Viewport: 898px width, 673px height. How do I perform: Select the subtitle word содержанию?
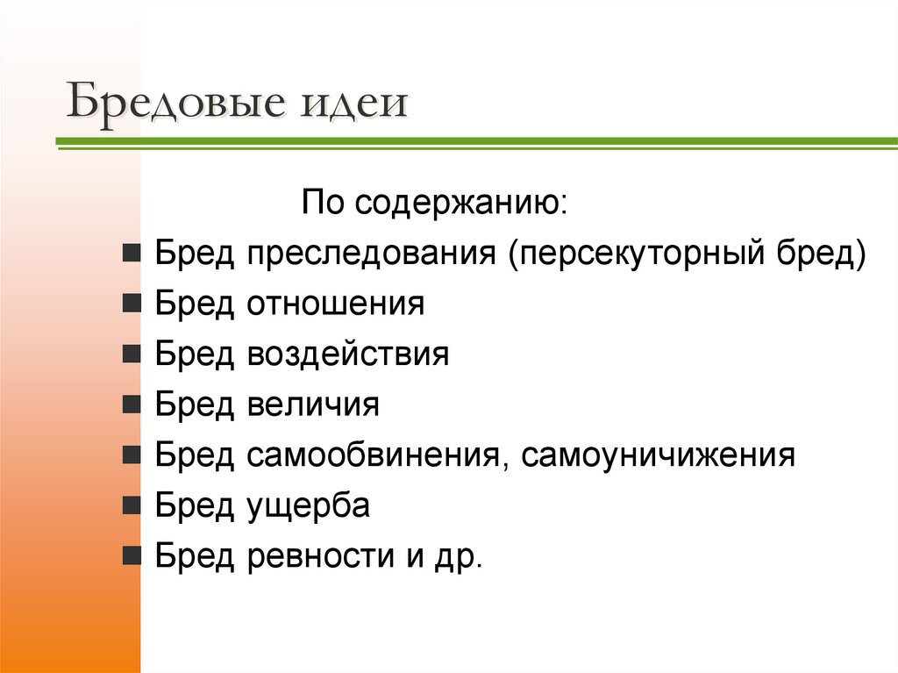(x=462, y=204)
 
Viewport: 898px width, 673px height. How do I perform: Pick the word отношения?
(x=336, y=304)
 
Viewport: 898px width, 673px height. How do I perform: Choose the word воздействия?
(x=348, y=355)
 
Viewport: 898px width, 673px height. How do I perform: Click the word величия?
(x=313, y=405)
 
